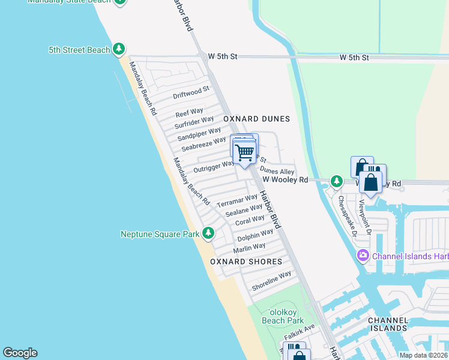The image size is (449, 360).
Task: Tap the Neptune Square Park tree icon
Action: (x=208, y=233)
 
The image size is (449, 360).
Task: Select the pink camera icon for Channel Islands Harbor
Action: (x=363, y=256)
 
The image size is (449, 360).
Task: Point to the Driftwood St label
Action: (x=191, y=92)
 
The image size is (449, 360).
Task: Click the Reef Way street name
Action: (x=189, y=112)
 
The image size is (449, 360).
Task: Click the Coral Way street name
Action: (x=250, y=221)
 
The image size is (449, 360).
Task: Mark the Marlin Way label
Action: (x=249, y=247)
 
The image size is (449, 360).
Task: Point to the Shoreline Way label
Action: (x=271, y=281)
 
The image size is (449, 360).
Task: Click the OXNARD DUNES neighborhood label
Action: (x=256, y=119)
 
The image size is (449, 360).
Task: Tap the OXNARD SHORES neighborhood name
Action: (x=246, y=262)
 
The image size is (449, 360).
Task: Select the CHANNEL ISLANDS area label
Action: (x=388, y=324)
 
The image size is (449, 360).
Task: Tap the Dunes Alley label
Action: (x=277, y=171)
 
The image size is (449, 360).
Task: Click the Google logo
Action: (x=20, y=353)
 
